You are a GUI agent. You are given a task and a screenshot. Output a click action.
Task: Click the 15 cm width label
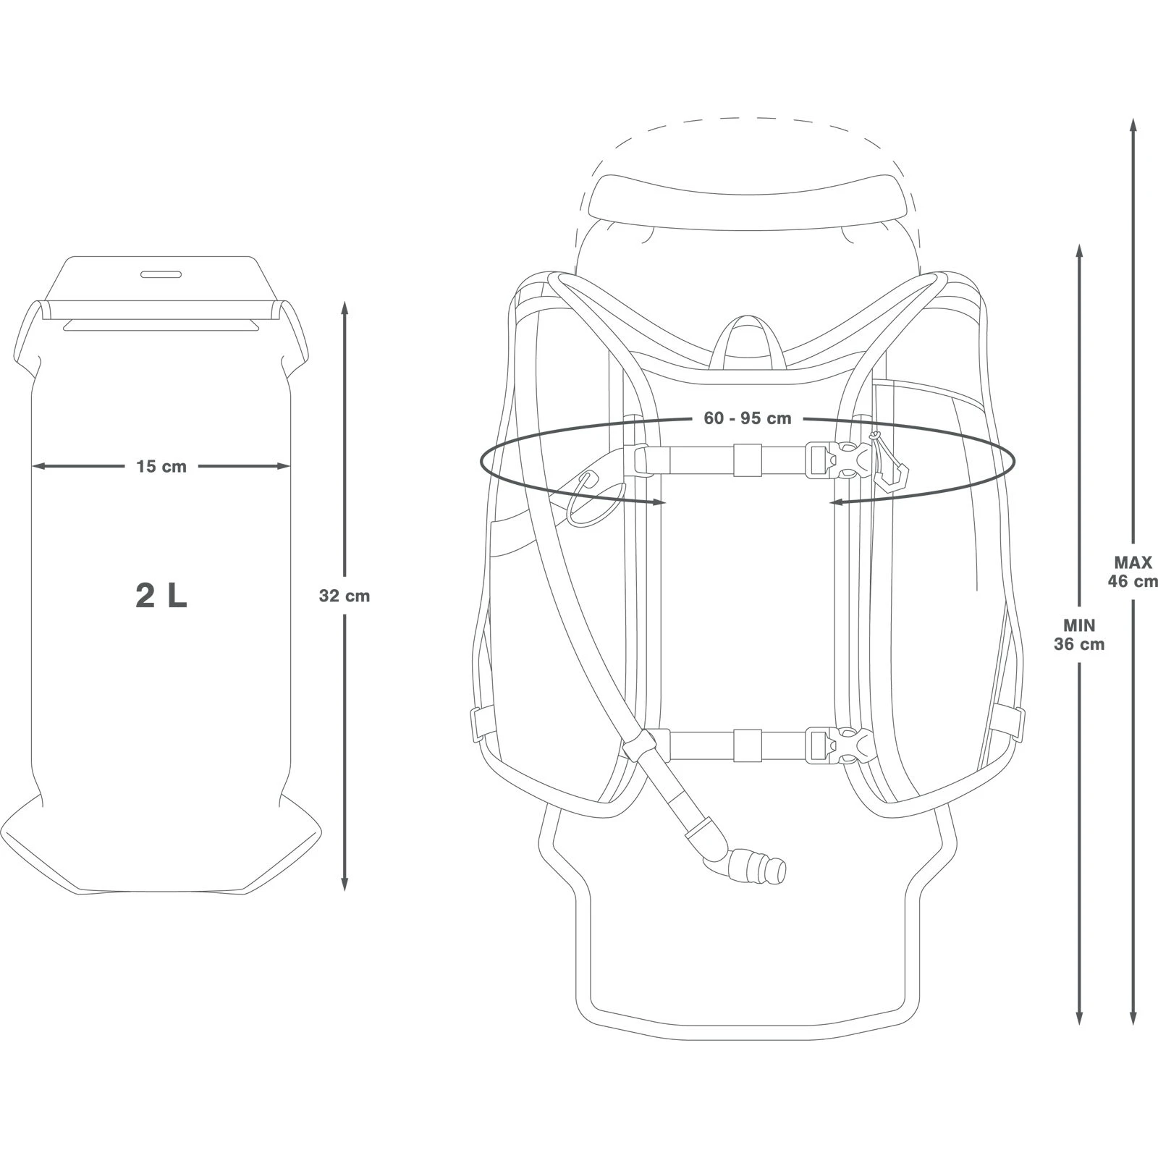click(x=161, y=467)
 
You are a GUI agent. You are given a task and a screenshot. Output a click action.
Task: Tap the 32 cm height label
click(x=344, y=596)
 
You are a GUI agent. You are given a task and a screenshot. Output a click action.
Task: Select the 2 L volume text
click(x=161, y=595)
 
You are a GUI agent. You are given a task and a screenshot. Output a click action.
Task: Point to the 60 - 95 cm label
click(x=747, y=418)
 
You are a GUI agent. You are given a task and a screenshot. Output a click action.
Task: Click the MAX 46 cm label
click(x=1133, y=571)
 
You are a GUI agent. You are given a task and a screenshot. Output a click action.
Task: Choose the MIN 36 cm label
click(x=1079, y=635)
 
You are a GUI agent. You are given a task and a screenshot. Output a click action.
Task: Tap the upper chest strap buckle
click(x=840, y=461)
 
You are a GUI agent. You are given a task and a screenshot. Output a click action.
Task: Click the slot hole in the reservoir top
click(x=161, y=274)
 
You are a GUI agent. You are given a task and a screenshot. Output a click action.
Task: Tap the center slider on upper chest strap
click(x=748, y=460)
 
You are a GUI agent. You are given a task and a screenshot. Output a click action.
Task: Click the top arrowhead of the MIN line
click(x=1079, y=250)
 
